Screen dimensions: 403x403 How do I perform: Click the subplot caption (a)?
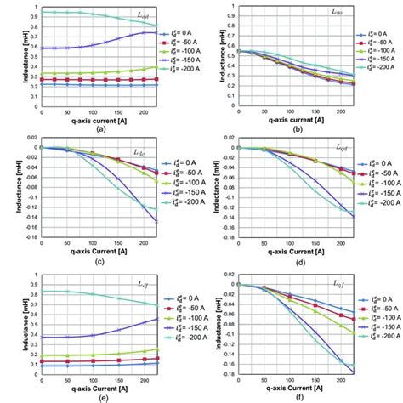[101, 128]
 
